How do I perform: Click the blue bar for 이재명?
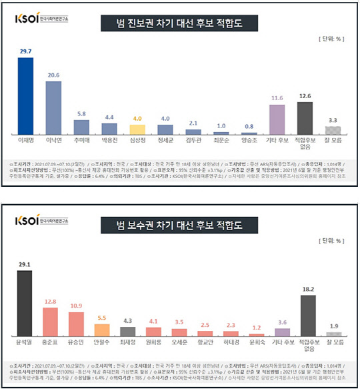click(x=25, y=96)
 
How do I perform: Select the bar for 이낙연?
click(x=53, y=108)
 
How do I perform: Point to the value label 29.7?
click(x=25, y=51)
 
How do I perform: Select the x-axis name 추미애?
click(x=81, y=141)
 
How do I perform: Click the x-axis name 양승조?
click(x=249, y=141)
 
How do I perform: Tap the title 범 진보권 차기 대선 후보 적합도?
click(x=179, y=24)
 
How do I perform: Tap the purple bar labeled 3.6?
click(x=283, y=332)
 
